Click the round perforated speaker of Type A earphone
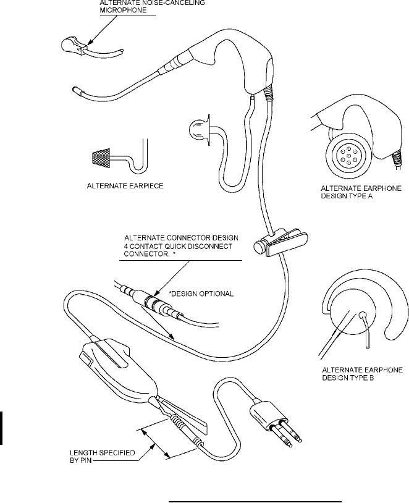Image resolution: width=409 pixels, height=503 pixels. pos(349,154)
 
